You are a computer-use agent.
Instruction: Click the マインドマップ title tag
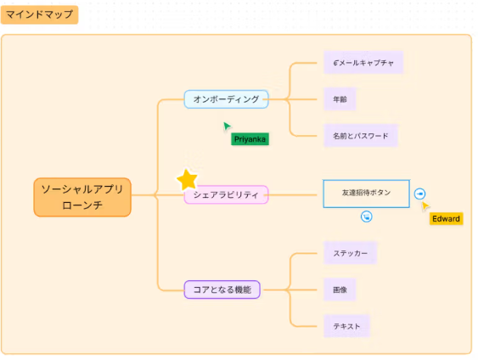[41, 14]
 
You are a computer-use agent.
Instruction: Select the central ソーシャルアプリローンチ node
[82, 197]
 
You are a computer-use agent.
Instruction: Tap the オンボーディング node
[226, 99]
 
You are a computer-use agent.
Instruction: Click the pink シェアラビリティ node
[226, 195]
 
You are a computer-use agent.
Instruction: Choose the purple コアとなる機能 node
[222, 290]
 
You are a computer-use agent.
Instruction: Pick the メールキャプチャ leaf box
[363, 63]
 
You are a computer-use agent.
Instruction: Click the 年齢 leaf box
[340, 99]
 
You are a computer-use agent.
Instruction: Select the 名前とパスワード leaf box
[360, 136]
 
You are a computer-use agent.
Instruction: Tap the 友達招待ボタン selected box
[366, 193]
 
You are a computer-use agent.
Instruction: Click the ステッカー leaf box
[350, 253]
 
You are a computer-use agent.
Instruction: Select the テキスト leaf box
[347, 326]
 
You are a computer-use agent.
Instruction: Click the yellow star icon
[187, 179]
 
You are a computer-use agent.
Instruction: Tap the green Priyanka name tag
[250, 138]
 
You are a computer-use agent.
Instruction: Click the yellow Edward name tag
[446, 219]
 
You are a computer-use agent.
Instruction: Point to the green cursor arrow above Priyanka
[227, 127]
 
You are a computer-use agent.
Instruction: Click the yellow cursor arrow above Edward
[425, 205]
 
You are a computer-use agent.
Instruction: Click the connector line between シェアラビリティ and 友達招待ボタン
[295, 194]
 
